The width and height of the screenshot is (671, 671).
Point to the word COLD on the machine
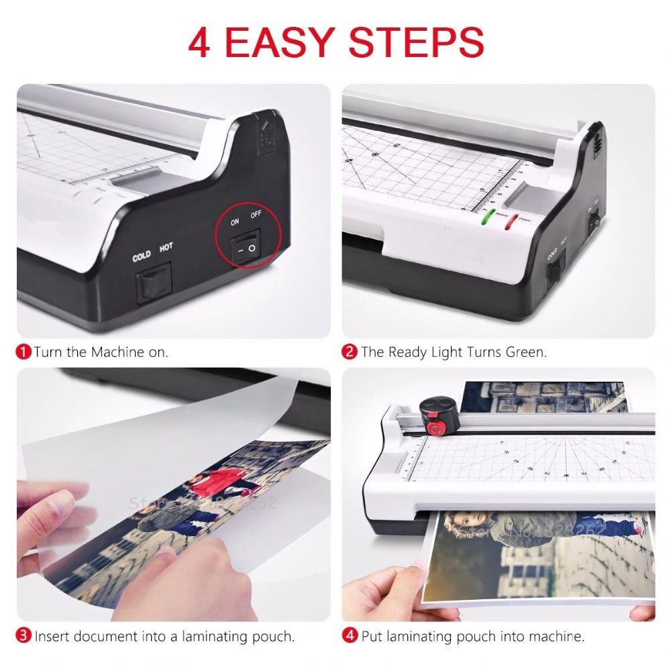click(142, 256)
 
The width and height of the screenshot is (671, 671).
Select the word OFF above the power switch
click(256, 215)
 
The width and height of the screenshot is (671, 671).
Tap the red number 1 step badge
click(24, 352)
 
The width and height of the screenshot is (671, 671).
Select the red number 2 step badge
click(349, 352)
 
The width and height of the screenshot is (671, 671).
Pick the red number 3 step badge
click(24, 636)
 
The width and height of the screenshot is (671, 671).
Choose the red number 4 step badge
click(349, 636)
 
